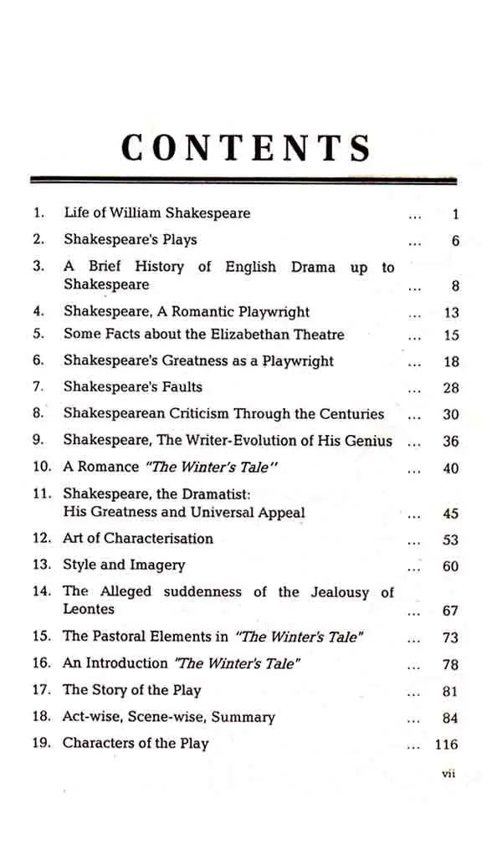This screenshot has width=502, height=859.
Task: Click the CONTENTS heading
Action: coord(246,148)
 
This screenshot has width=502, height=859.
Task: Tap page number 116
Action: coord(447,744)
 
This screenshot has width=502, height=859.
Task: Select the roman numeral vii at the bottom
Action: coord(448,775)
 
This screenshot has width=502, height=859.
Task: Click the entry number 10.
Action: coord(42,468)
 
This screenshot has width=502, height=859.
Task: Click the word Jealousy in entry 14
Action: coord(340,592)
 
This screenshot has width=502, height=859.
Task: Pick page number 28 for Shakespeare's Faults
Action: coord(450,388)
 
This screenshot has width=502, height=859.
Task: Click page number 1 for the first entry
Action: coord(455,214)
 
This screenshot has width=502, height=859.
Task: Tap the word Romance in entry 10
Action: coord(108,468)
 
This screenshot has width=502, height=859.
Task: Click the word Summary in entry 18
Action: coord(243,717)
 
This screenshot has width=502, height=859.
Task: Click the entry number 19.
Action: coord(42,743)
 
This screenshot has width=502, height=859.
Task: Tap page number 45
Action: coord(450,514)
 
